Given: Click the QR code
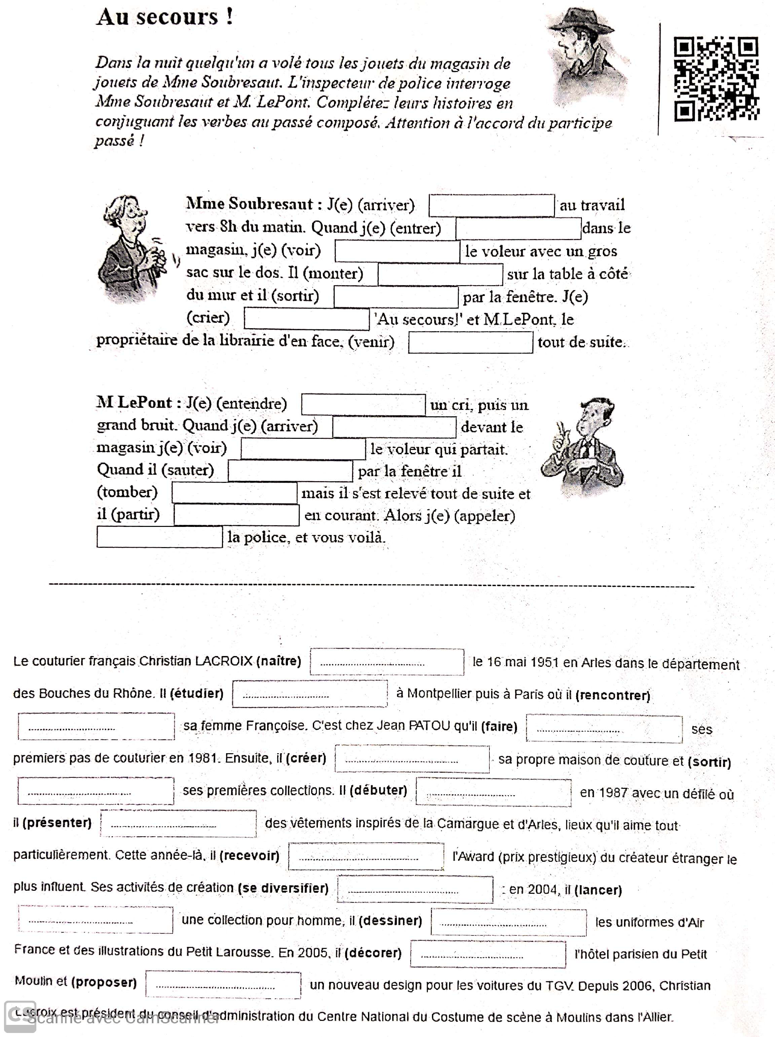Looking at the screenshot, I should [x=716, y=78].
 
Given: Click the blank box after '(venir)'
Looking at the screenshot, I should [x=470, y=342].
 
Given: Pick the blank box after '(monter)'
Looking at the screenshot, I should [x=440, y=274].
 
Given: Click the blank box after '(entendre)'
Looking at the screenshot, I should [x=363, y=405].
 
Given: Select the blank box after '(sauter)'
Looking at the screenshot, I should [x=290, y=471].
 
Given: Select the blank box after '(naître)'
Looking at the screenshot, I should [x=387, y=662].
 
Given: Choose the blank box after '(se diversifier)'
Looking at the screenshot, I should [x=415, y=889].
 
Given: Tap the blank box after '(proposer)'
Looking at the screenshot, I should [x=223, y=985].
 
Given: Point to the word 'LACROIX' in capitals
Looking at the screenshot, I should [x=224, y=661].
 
